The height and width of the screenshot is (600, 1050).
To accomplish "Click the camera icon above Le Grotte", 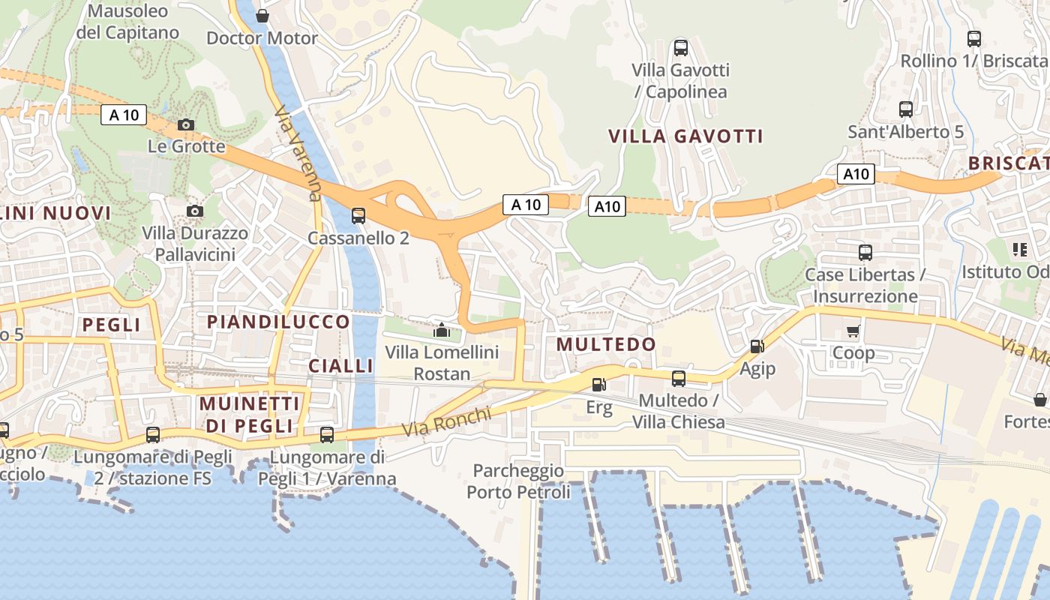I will tap(186, 124).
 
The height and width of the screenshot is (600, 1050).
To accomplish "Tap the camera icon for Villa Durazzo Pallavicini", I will tap(195, 211).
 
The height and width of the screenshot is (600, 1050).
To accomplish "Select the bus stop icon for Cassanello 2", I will tap(358, 216).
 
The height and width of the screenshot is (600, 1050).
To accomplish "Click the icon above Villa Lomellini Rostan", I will tap(442, 330).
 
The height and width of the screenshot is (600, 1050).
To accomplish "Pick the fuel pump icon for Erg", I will tap(598, 385).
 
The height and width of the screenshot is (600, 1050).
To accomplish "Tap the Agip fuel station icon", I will tap(757, 346).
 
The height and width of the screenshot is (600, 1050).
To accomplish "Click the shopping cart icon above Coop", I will tap(853, 331).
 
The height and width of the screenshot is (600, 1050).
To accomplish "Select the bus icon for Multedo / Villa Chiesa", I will tap(679, 379).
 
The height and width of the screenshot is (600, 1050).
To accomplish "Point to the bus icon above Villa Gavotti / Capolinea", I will tap(680, 48).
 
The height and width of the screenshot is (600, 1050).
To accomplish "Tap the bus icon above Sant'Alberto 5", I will tap(906, 109).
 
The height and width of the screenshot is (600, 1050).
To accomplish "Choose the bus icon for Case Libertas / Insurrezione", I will tap(865, 253).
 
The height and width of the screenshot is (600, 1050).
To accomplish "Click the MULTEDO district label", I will tap(606, 344).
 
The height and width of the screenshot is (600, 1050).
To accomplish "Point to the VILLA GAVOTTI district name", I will tap(685, 136).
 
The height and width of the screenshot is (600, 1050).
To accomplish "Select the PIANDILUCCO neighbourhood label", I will tap(278, 322).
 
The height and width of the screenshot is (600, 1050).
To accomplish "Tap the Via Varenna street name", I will tap(298, 154).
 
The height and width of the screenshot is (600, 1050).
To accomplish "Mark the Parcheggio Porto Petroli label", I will tap(518, 481).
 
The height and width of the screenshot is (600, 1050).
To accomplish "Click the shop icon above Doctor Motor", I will tap(262, 16).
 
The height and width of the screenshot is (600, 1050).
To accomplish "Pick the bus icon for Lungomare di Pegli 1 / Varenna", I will tap(327, 434).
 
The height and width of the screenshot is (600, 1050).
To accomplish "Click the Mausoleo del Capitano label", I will tap(128, 22).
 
